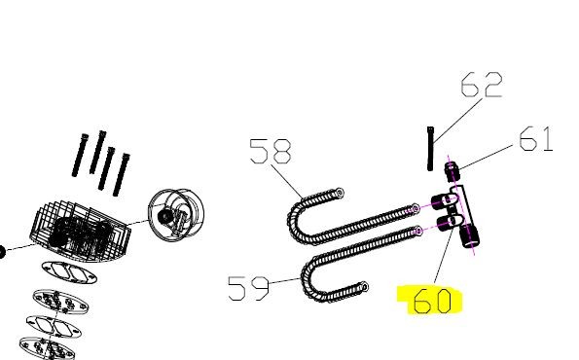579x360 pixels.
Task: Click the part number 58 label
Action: [271, 151]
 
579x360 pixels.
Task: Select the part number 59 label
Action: [248, 288]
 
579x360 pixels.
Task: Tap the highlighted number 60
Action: [432, 301]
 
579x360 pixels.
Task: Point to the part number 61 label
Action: [536, 139]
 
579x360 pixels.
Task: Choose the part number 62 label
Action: [482, 86]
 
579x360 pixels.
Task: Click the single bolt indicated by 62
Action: [430, 149]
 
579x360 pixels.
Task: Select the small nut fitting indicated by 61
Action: [452, 171]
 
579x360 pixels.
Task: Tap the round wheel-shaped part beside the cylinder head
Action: [176, 213]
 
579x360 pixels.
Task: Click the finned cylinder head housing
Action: [80, 231]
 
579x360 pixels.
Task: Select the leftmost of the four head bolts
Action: [80, 155]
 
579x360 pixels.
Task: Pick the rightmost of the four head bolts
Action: [122, 174]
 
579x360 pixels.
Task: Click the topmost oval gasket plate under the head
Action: [69, 272]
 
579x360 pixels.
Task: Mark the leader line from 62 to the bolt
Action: [458, 121]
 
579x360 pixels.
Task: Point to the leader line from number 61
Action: [486, 158]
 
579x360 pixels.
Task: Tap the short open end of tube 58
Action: [340, 193]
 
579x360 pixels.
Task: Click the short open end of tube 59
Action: [364, 286]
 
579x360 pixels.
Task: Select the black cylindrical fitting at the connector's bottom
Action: [469, 235]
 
